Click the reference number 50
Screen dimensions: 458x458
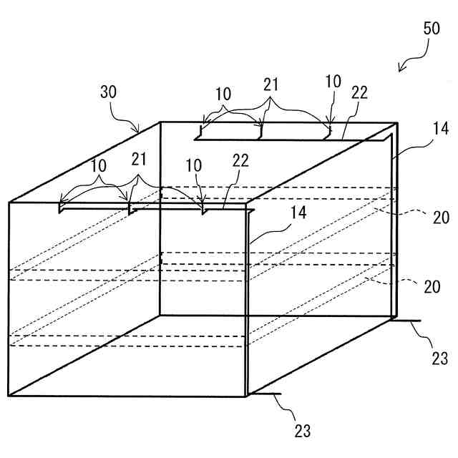[x=432, y=30]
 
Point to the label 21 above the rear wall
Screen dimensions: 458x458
[x=271, y=84]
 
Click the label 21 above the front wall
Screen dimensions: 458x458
[x=140, y=158]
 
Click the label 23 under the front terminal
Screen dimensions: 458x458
[x=303, y=431]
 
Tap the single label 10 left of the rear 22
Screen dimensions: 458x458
[x=333, y=82]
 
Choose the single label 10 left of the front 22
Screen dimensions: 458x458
[x=193, y=165]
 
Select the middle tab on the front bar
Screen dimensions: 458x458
[x=130, y=208]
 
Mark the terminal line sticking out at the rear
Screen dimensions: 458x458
[x=408, y=321]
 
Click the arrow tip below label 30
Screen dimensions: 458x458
[x=140, y=132]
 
